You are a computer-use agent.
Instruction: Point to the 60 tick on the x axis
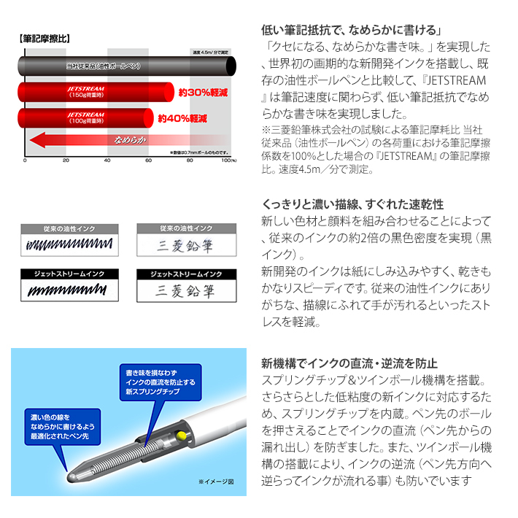tap(148, 160)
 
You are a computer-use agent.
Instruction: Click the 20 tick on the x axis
tap(66, 160)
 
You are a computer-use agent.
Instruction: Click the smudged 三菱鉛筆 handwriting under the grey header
tap(185, 246)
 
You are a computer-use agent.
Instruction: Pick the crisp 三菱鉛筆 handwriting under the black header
tap(185, 290)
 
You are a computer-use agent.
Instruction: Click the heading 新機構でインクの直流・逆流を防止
tap(349, 363)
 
